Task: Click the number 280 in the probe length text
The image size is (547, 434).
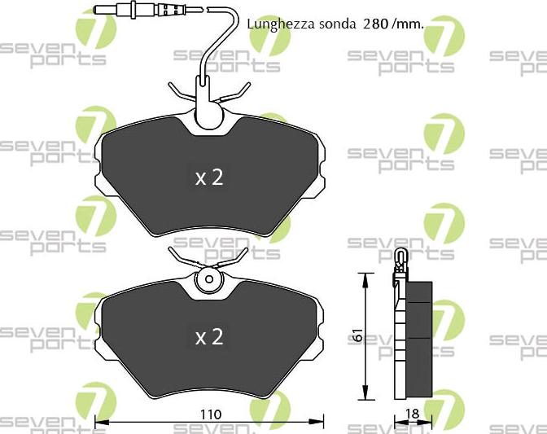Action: pyautogui.click(x=376, y=24)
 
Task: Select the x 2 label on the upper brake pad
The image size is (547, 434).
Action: pyautogui.click(x=209, y=178)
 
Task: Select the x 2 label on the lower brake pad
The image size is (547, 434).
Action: pyautogui.click(x=209, y=337)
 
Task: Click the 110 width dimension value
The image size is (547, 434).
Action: pyautogui.click(x=211, y=414)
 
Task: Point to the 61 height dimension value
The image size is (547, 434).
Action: pyautogui.click(x=357, y=335)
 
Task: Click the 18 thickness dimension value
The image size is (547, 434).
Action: pyautogui.click(x=412, y=414)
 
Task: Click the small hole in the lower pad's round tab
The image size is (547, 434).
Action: pyautogui.click(x=209, y=279)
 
